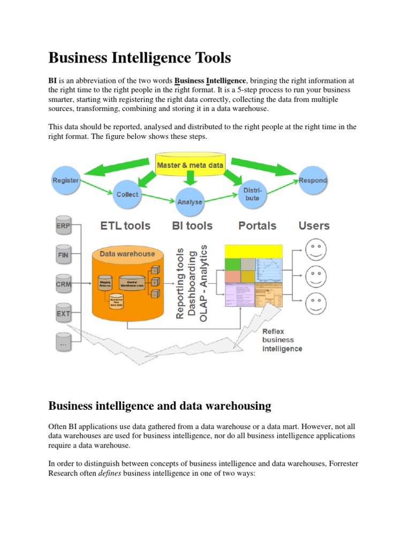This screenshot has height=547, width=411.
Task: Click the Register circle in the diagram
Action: pos(65,181)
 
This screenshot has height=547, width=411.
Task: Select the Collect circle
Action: pos(127,194)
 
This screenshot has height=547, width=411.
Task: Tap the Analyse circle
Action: pos(189,201)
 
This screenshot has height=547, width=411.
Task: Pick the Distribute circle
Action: pos(252,194)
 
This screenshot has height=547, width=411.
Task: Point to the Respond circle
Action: pos(313,180)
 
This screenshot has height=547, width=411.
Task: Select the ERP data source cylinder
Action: pos(63,226)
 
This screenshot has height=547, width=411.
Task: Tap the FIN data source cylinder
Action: pos(63,255)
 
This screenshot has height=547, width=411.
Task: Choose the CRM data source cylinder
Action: pos(63,284)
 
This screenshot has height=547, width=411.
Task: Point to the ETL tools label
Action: pos(125,226)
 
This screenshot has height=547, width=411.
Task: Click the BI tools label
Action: pos(192,226)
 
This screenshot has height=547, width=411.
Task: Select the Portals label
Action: pos(258,226)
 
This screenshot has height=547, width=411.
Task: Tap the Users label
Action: pos(314,226)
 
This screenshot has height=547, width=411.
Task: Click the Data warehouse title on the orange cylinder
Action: pos(127,254)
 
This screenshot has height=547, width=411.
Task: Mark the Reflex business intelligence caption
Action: pos(281,340)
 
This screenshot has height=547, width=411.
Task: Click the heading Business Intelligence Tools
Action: pos(140,57)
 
